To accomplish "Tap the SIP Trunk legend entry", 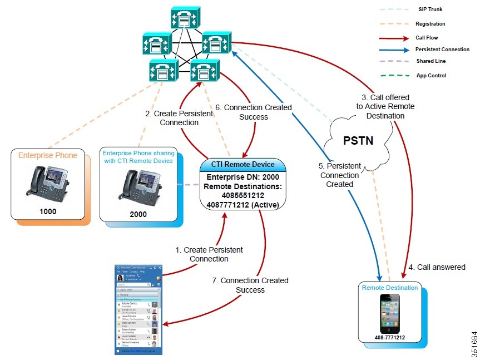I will (x=430, y=9).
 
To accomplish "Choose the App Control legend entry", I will (x=431, y=75).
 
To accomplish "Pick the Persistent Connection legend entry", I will (x=442, y=50).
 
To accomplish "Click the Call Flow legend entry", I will (x=428, y=37).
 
